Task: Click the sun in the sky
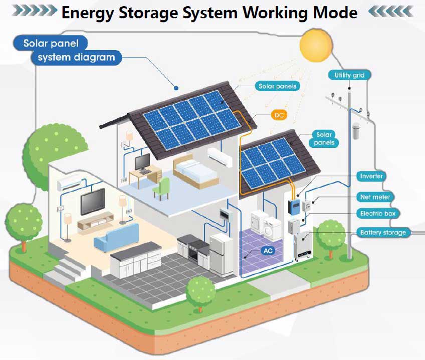click(x=316, y=45)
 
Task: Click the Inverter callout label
click(x=371, y=176)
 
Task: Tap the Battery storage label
click(x=382, y=232)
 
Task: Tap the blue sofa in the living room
click(x=117, y=238)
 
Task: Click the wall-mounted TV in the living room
click(x=93, y=201)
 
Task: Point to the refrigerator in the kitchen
click(x=221, y=254)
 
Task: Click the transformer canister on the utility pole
click(x=357, y=131)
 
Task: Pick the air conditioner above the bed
click(x=221, y=156)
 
